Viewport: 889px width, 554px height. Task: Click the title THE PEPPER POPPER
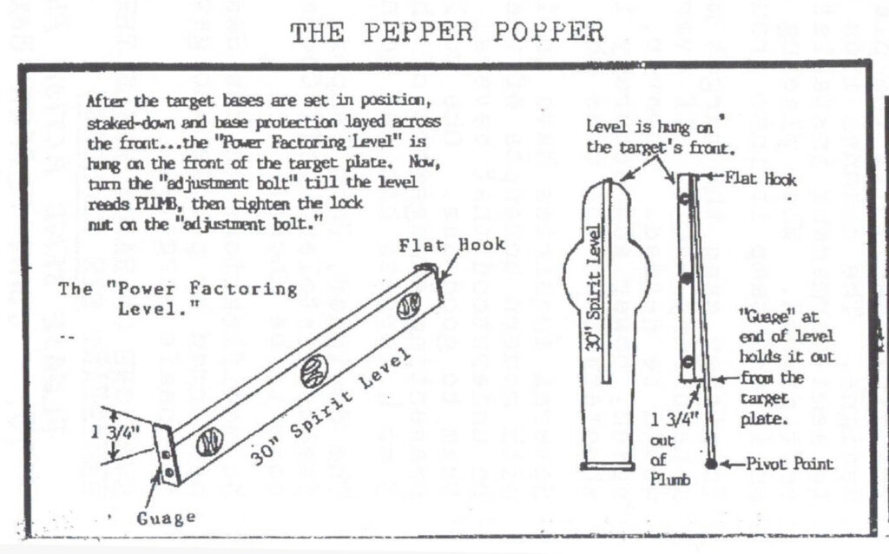446,32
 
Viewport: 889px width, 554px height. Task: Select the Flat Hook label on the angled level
452,246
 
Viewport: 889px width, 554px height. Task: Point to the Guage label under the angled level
164,518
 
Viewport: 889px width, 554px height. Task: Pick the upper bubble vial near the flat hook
409,306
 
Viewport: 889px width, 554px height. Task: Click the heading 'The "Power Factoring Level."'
177,297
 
